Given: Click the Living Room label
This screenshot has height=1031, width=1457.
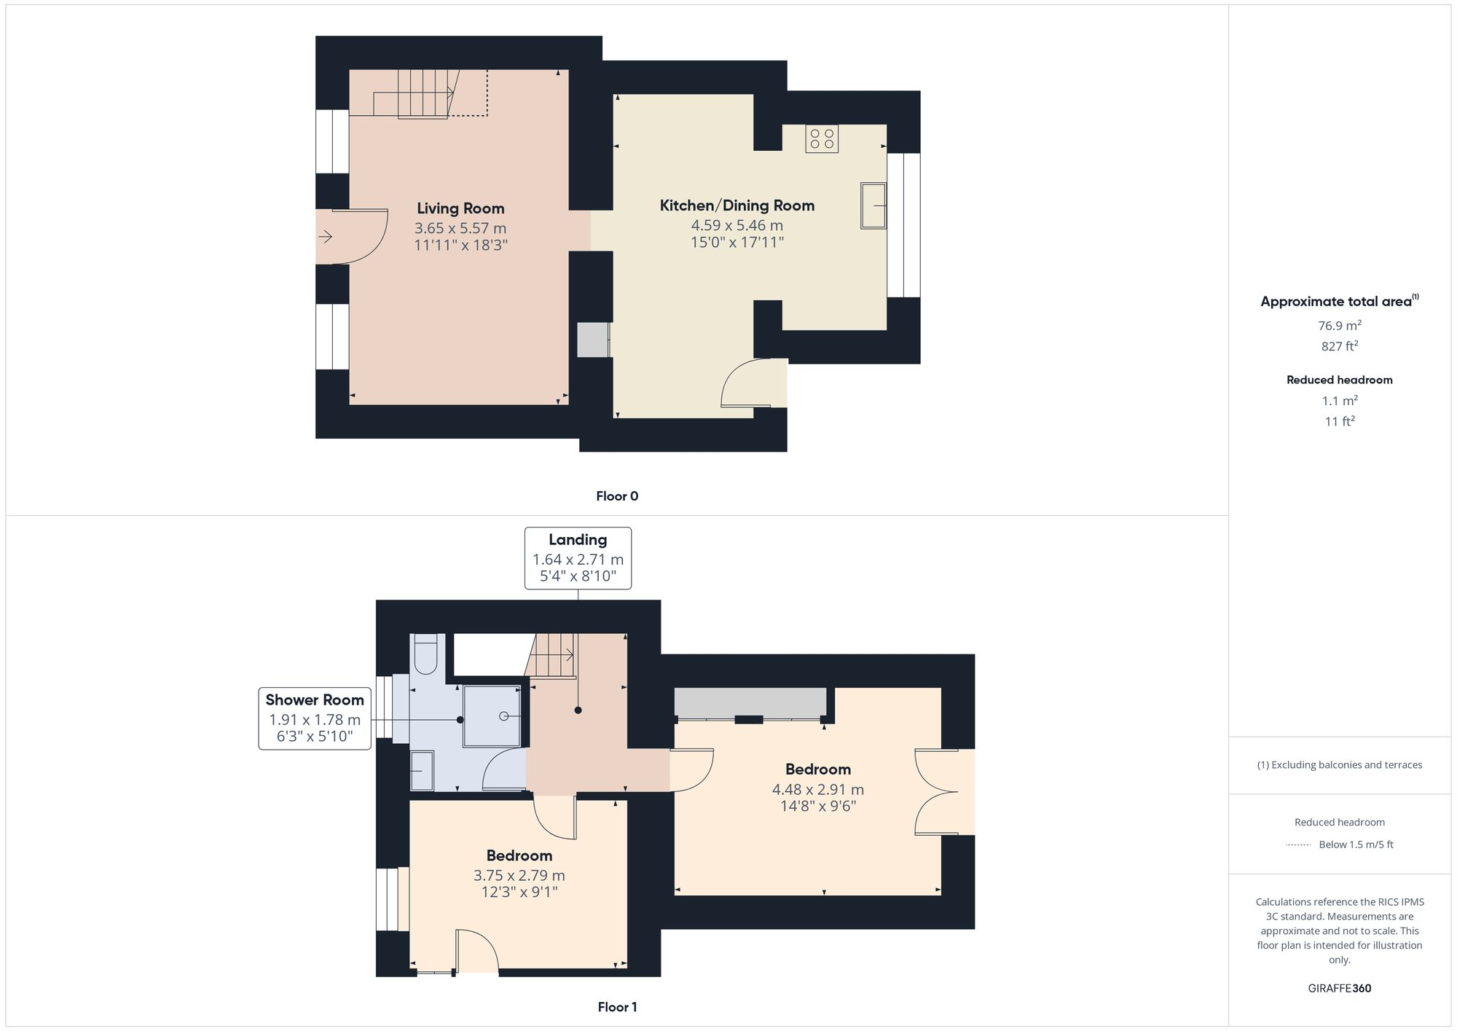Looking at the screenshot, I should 460,208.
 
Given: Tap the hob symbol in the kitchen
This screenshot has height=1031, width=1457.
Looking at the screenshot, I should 822,139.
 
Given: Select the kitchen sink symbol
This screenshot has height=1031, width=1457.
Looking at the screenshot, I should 873,205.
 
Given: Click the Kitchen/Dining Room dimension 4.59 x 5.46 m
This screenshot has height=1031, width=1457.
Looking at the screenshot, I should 737,225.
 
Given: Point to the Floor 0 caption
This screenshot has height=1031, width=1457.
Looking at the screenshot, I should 616,496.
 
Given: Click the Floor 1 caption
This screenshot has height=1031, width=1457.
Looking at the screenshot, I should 616,1007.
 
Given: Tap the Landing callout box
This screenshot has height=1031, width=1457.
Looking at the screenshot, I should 578,558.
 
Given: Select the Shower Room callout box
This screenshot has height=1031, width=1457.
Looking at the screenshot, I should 315,718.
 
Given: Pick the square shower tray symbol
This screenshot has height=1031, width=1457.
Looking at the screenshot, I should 492,716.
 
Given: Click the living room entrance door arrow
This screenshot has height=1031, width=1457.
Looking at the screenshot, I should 325,237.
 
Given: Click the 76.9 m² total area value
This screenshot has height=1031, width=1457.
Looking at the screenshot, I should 1339,326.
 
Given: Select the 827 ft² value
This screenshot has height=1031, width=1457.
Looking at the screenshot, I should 1339,346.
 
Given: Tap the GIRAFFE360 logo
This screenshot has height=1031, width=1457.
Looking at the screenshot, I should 1339,988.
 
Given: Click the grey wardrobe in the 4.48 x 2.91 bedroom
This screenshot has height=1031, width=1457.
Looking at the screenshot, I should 750,702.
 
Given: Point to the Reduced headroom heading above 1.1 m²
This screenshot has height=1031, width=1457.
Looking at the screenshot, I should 1339,380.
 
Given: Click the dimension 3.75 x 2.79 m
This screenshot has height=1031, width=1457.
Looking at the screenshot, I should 519,875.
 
